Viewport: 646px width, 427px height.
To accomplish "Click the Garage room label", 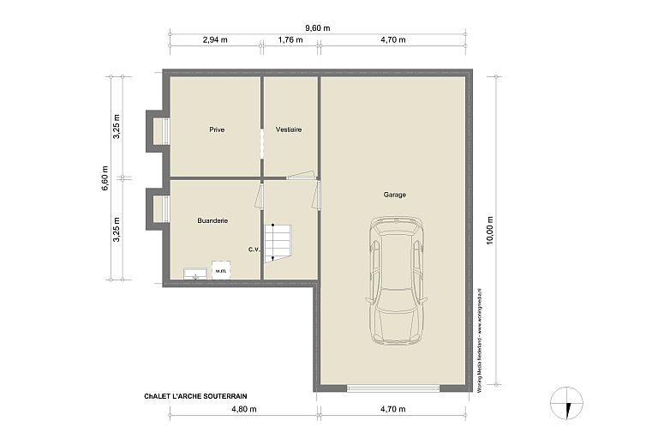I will pos(395,195).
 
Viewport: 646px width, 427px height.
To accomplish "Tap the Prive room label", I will pos(217,129).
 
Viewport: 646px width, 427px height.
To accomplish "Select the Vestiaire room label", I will pos(290,129).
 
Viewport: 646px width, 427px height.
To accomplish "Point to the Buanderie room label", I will pos(212,221).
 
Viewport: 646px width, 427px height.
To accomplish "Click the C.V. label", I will pos(254,250).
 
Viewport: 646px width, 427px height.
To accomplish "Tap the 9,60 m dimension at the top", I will pos(319,28).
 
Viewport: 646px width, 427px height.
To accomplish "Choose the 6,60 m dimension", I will pos(105,178).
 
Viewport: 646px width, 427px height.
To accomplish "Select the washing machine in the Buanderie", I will pos(221,271).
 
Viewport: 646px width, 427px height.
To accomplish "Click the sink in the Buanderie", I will pos(194,274).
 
